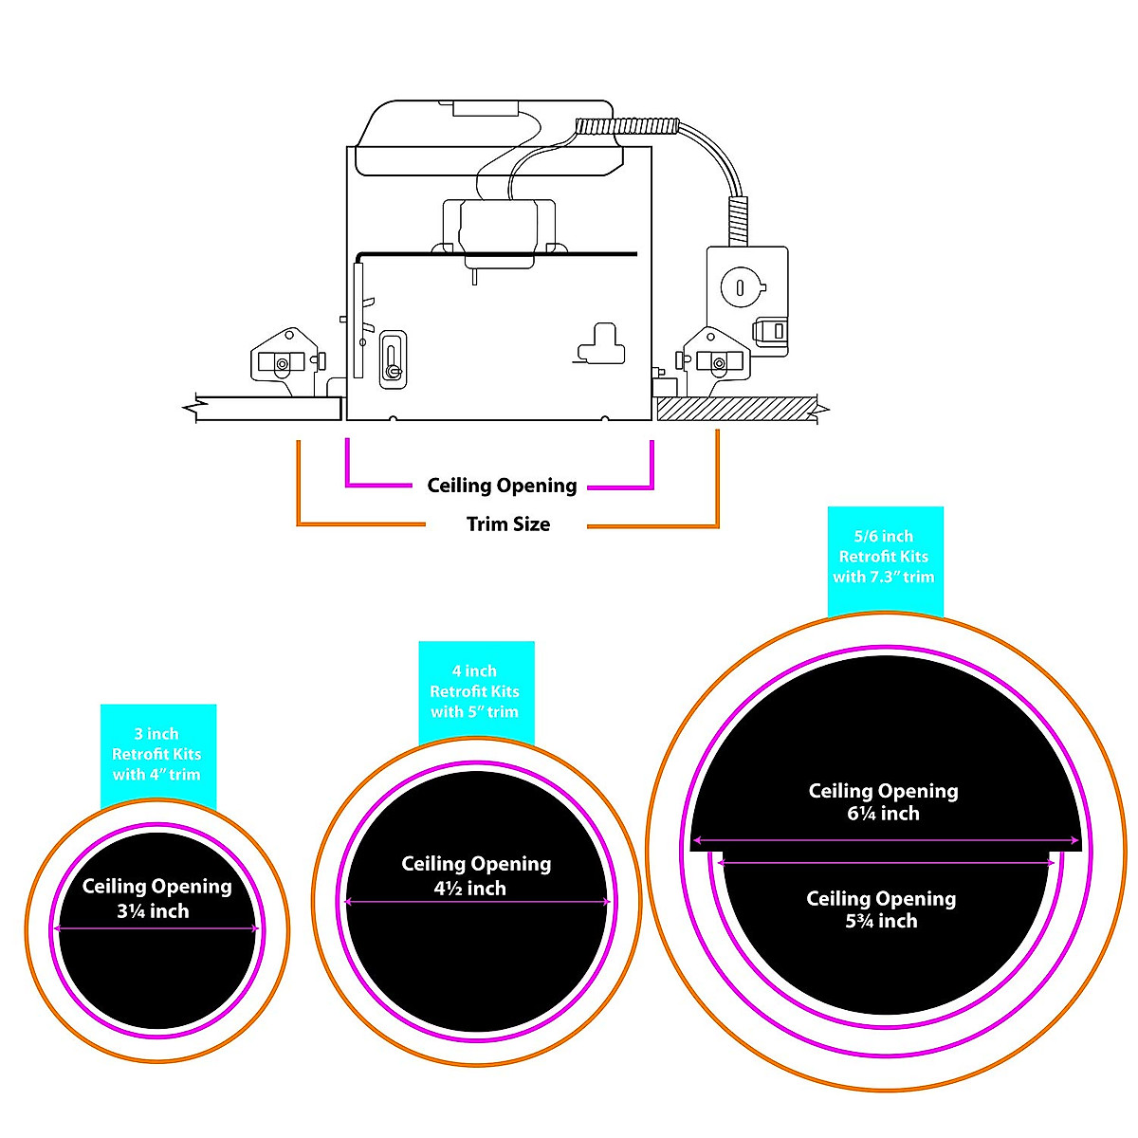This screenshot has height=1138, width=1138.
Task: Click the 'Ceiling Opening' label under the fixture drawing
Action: click(502, 486)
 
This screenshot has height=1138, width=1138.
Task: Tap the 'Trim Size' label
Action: click(508, 524)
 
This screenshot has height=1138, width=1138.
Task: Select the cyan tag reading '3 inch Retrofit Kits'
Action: click(157, 754)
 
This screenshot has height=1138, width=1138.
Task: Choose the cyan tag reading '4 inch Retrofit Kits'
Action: click(475, 691)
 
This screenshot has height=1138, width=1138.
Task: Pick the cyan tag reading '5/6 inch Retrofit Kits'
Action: click(884, 557)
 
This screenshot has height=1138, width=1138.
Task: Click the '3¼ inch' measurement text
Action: click(153, 911)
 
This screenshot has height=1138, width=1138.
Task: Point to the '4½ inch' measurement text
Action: click(470, 889)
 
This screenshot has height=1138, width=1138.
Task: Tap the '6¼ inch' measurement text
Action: click(883, 814)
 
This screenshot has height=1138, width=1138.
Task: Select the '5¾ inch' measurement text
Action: click(881, 921)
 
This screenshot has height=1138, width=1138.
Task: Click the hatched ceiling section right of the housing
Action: click(735, 409)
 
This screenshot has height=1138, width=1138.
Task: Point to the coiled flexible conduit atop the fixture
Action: click(629, 126)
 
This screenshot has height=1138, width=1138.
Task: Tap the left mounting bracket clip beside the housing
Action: click(284, 356)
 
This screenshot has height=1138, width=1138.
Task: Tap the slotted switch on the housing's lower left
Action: click(393, 358)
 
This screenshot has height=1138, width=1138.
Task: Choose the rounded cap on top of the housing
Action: click(488, 138)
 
